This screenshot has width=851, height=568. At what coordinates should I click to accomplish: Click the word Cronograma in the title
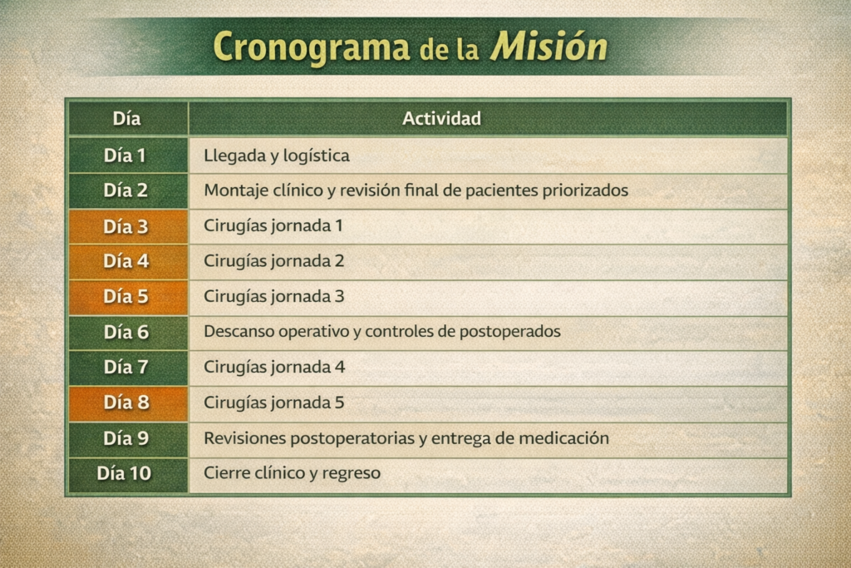[312, 47]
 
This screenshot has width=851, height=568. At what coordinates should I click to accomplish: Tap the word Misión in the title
[548, 46]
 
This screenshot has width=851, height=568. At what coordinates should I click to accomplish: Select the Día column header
[126, 118]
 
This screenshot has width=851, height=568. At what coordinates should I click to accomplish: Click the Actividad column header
[441, 118]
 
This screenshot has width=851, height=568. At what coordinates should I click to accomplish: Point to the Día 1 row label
[125, 156]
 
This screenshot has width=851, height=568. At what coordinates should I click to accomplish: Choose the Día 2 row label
[125, 190]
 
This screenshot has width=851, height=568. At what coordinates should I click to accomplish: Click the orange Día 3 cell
[129, 226]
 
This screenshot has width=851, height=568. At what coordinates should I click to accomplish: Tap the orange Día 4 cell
[129, 262]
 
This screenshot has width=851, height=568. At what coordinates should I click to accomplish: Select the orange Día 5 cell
[129, 298]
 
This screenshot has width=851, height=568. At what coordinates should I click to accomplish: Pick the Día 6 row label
[126, 332]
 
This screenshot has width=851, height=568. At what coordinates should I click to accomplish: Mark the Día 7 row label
[126, 367]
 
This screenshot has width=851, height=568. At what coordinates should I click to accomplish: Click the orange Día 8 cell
[129, 403]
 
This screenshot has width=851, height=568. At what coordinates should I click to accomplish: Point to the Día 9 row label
[126, 438]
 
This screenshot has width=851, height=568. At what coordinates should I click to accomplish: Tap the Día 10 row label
[125, 473]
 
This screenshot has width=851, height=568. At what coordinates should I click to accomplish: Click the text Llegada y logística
[276, 156]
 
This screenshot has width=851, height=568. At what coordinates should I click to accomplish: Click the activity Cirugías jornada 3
[274, 297]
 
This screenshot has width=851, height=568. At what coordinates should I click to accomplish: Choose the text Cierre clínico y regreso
[292, 473]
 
